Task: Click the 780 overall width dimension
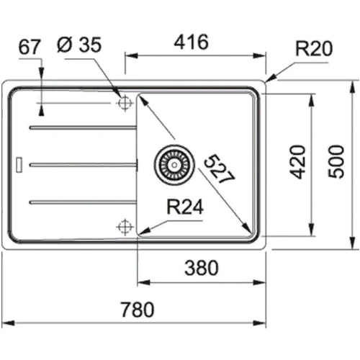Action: tap(138, 311)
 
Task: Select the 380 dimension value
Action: tap(202, 268)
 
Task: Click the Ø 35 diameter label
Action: tap(81, 45)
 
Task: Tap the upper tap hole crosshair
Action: tap(125, 104)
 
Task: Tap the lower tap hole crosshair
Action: tap(125, 227)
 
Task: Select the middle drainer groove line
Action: tap(83, 165)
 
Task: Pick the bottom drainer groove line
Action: tap(83, 201)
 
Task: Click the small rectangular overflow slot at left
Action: tap(20, 163)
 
